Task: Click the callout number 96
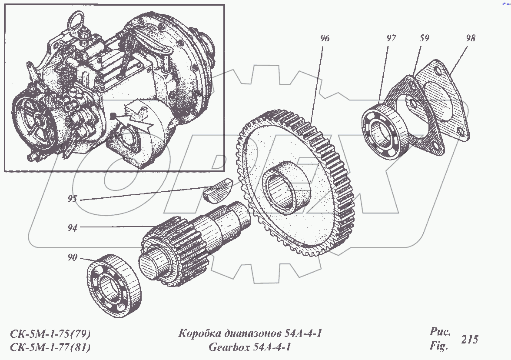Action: (325, 39)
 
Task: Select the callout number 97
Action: (391, 38)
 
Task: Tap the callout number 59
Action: (424, 38)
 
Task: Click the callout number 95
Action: (72, 199)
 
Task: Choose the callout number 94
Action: (72, 227)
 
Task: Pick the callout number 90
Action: (72, 258)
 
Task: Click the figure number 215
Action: (470, 340)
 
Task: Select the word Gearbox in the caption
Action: (229, 347)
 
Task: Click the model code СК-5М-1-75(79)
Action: (50, 334)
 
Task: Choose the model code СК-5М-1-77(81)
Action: (50, 347)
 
